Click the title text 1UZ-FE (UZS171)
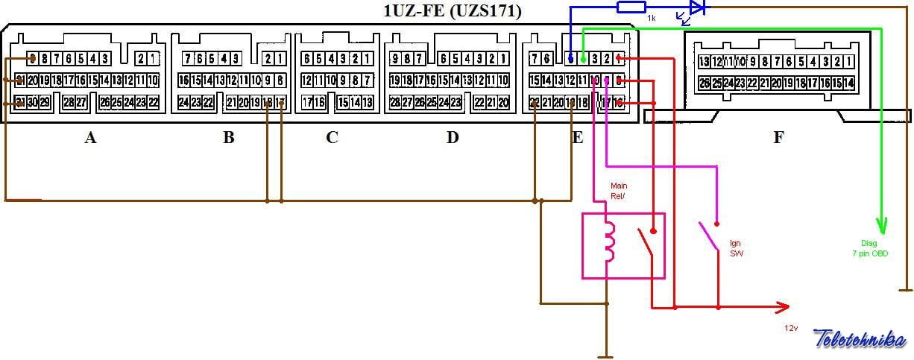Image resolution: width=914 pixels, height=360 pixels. [x=452, y=11]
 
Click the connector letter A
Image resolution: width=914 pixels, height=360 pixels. [x=91, y=137]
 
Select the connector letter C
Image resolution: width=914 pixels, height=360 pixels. [x=332, y=137]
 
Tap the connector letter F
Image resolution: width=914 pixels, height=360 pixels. [x=778, y=137]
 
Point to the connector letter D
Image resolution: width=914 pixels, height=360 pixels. [x=453, y=137]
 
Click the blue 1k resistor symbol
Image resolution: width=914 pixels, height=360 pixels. [x=631, y=7]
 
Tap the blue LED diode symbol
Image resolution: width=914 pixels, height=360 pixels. [x=696, y=8]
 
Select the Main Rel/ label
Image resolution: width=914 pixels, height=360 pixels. [x=619, y=191]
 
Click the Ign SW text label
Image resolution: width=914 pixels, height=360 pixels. [x=736, y=248]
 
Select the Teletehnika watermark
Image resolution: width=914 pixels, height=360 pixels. [x=859, y=339]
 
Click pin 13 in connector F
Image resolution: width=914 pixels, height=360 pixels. [x=702, y=62]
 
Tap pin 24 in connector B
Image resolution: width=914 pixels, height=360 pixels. [x=183, y=102]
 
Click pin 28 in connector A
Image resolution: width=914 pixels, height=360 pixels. [x=68, y=102]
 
